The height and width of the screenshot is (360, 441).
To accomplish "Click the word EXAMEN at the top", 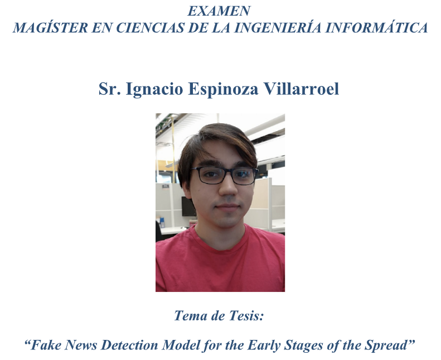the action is [219, 11].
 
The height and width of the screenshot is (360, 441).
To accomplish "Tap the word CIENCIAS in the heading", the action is [150, 27].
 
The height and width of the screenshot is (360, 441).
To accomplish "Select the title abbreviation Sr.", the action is [110, 89].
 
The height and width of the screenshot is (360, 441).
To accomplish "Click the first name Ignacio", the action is [154, 89].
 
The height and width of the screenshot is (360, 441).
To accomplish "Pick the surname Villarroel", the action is [301, 89].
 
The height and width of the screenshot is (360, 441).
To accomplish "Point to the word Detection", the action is [130, 345].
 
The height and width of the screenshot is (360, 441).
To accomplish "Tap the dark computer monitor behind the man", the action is [188, 207].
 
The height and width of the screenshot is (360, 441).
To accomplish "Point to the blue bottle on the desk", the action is [162, 222].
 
